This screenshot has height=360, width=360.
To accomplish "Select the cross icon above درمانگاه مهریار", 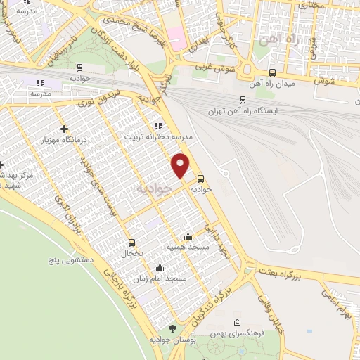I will (64, 129).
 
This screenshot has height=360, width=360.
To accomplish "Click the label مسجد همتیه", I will (186, 247).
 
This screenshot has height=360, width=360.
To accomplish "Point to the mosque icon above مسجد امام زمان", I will (160, 267).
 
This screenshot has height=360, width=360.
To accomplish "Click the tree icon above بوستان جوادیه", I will (173, 328).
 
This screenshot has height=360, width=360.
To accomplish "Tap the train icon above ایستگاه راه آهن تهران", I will (243, 100).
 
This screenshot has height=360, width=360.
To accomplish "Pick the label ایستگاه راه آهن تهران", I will (243, 111).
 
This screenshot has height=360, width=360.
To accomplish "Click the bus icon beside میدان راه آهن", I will (272, 72).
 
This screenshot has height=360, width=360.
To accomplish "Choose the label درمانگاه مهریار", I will (65, 140).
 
